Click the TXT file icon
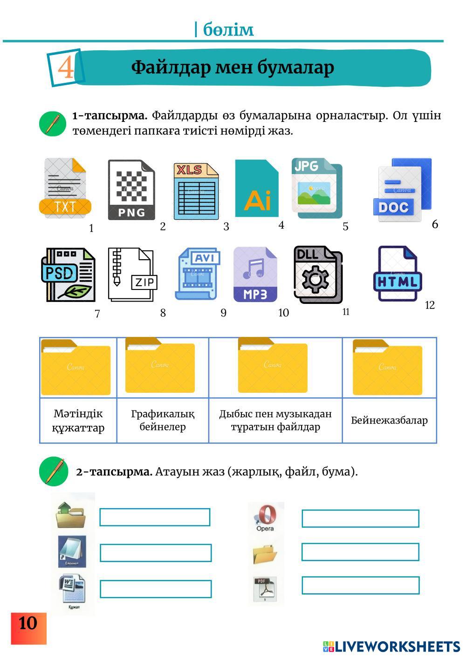[x=65, y=188]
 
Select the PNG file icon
[x=131, y=190]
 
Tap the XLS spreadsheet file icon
[x=196, y=191]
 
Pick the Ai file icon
[x=257, y=188]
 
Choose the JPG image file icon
[x=317, y=188]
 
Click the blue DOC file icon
[x=402, y=189]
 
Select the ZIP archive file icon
[x=132, y=275]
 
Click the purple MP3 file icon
[x=255, y=275]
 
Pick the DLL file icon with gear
[x=318, y=275]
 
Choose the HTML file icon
[x=397, y=274]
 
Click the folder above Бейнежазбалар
[x=387, y=367]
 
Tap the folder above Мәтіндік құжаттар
[x=76, y=367]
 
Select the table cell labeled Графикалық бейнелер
[x=163, y=420]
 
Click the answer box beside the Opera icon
[x=360, y=518]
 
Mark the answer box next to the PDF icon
[x=360, y=585]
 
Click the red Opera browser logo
[x=265, y=516]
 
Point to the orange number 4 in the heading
[x=66, y=67]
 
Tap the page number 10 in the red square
[x=28, y=624]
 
